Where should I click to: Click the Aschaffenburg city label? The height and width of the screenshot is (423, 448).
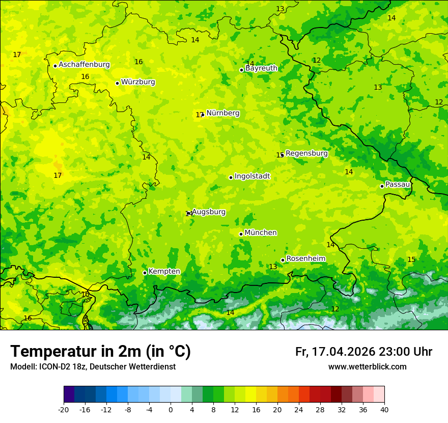pyautogui.click(x=84, y=65)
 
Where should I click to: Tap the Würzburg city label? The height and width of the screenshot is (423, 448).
pyautogui.click(x=138, y=82)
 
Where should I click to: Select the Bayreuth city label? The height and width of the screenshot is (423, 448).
pyautogui.click(x=261, y=68)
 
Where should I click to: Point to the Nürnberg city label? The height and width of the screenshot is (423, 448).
pyautogui.click(x=222, y=113)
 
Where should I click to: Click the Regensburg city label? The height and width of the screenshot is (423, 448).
pyautogui.click(x=306, y=153)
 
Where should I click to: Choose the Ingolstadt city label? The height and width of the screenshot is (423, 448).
pyautogui.click(x=252, y=176)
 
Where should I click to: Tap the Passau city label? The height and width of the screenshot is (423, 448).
pyautogui.click(x=398, y=184)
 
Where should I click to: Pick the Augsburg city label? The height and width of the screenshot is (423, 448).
pyautogui.click(x=209, y=212)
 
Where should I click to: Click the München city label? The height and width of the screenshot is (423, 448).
pyautogui.click(x=261, y=233)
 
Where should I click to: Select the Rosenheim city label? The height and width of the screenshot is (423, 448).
pyautogui.click(x=305, y=259)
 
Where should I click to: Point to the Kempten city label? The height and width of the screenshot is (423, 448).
pyautogui.click(x=164, y=272)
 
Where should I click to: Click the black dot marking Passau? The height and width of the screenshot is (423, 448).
pyautogui.click(x=382, y=186)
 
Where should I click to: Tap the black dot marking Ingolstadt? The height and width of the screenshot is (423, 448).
pyautogui.click(x=231, y=178)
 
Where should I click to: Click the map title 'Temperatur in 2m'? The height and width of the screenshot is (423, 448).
pyautogui.click(x=100, y=352)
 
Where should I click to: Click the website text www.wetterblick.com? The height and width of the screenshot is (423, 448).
pyautogui.click(x=367, y=367)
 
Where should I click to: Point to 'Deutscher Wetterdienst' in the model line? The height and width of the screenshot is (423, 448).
pyautogui.click(x=137, y=367)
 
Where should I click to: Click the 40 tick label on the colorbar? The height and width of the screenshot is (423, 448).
pyautogui.click(x=384, y=409)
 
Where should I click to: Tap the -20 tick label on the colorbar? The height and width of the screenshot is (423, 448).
pyautogui.click(x=64, y=409)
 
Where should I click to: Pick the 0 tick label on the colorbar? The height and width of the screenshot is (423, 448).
pyautogui.click(x=171, y=409)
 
